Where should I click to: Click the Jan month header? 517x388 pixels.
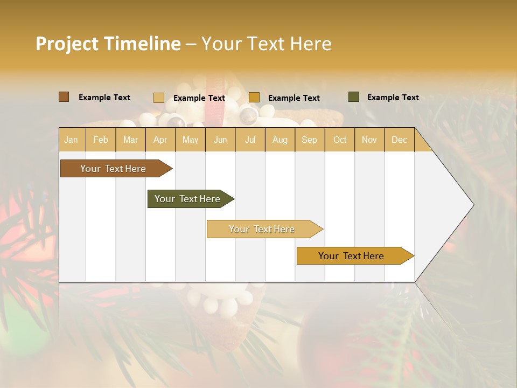[71, 140]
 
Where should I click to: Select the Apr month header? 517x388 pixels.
[160, 140]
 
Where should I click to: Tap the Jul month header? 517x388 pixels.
[250, 140]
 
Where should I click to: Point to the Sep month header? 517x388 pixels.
[309, 140]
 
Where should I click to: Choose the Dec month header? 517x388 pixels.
[399, 140]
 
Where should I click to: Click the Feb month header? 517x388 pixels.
[101, 140]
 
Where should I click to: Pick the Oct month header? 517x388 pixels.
[340, 140]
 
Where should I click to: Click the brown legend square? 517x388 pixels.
[64, 97]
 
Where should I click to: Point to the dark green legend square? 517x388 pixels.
[354, 97]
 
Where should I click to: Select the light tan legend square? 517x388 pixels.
[159, 98]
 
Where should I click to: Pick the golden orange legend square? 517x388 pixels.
[254, 98]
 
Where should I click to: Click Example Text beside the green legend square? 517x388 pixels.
[393, 98]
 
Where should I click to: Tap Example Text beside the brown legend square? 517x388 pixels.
[104, 98]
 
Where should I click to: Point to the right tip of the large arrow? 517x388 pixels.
[473, 205]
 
